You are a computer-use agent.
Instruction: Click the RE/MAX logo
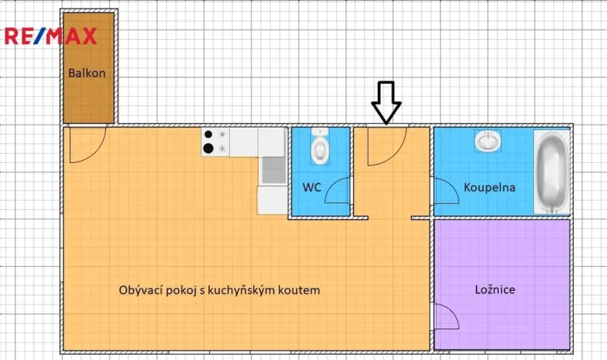click(x=51, y=35)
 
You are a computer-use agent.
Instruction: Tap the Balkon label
click(x=87, y=73)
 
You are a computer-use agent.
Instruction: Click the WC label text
click(x=312, y=187)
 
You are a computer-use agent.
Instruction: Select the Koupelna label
click(x=489, y=187)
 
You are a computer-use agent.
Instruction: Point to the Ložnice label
click(x=494, y=290)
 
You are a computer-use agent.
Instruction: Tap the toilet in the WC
click(x=320, y=146)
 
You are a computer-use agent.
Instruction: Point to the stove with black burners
click(x=215, y=141)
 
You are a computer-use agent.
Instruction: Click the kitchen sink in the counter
click(x=272, y=170)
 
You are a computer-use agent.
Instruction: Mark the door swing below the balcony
click(x=85, y=146)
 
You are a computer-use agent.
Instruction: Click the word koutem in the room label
click(x=299, y=291)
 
